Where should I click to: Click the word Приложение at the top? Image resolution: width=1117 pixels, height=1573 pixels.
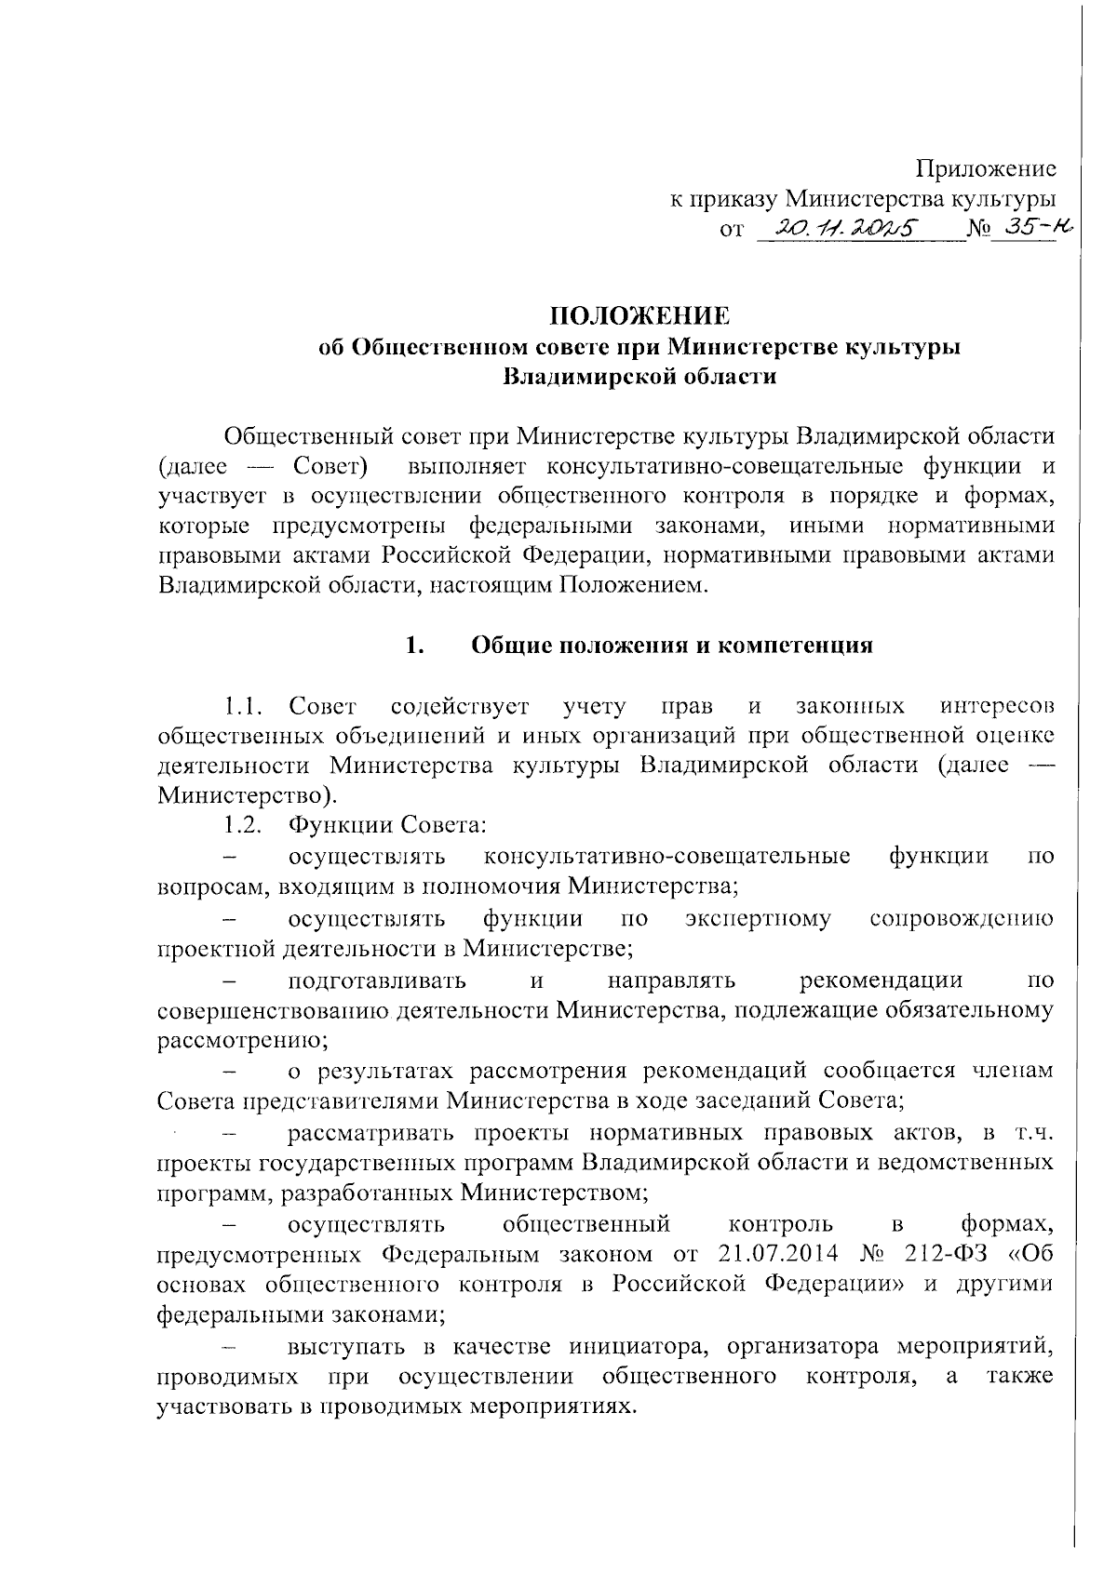tap(986, 168)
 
